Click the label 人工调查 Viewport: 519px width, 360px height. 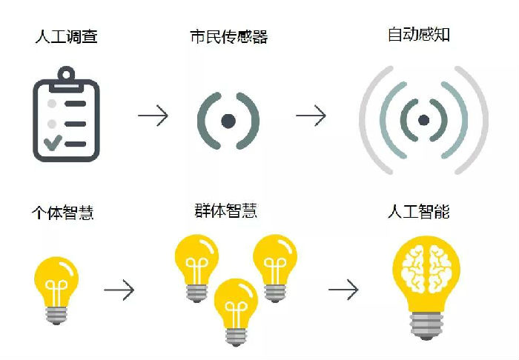click(x=67, y=36)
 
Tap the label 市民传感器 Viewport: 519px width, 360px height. click(x=229, y=36)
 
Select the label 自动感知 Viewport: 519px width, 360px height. click(x=419, y=34)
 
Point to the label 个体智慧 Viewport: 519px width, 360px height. click(x=63, y=213)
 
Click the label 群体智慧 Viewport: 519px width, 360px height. click(x=225, y=210)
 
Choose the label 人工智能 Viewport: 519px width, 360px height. click(x=419, y=211)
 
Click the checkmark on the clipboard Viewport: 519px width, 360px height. click(x=53, y=143)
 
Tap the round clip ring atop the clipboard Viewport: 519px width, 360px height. click(x=66, y=74)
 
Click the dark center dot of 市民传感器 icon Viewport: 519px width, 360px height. click(x=228, y=121)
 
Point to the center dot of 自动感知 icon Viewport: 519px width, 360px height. click(x=423, y=120)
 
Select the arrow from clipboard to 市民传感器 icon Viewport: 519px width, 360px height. click(x=153, y=116)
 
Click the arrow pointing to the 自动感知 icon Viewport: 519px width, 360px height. click(x=311, y=116)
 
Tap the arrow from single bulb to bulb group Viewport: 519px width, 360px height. click(x=119, y=290)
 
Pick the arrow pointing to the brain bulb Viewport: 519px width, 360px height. click(x=343, y=290)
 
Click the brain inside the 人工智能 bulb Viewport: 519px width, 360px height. click(x=426, y=270)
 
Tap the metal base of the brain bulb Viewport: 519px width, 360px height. click(x=426, y=326)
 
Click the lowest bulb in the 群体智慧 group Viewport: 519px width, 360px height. click(x=236, y=312)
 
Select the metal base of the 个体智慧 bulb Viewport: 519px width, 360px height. click(x=56, y=316)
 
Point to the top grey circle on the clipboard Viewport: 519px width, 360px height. click(x=52, y=104)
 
